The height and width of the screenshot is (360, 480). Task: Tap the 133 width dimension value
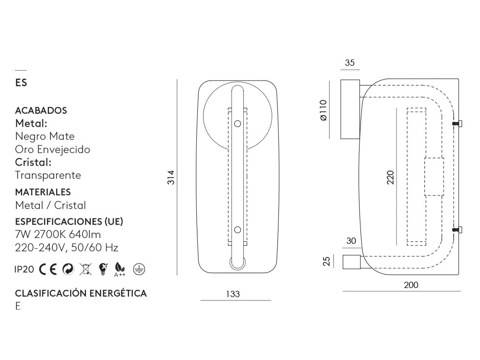(x=233, y=294)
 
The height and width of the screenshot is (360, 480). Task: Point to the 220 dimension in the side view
(x=390, y=177)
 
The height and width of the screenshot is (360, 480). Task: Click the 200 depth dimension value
(x=411, y=285)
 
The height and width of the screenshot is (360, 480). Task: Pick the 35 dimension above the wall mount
(x=349, y=63)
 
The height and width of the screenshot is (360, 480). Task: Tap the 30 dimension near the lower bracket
(x=351, y=241)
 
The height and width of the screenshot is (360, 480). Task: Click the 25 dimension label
(x=327, y=262)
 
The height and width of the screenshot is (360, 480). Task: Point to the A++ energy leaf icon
(x=120, y=269)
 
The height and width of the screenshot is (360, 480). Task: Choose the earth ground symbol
(x=139, y=269)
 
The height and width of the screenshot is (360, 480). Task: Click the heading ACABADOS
(x=41, y=110)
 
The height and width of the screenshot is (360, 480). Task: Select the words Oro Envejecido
(x=52, y=149)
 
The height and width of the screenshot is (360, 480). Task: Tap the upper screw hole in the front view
(x=237, y=124)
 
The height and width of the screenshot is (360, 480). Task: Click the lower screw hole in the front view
(x=237, y=230)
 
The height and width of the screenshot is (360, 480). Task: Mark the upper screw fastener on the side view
(x=458, y=124)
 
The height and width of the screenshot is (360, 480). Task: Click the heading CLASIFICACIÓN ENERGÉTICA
(x=81, y=293)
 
